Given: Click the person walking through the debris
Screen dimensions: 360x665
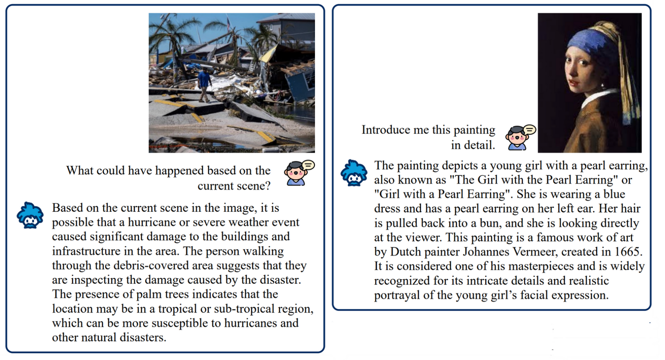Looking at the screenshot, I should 204,84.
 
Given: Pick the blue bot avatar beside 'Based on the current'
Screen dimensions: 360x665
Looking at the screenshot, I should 30,215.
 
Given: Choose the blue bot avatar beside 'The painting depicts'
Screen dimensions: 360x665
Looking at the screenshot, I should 354,172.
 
